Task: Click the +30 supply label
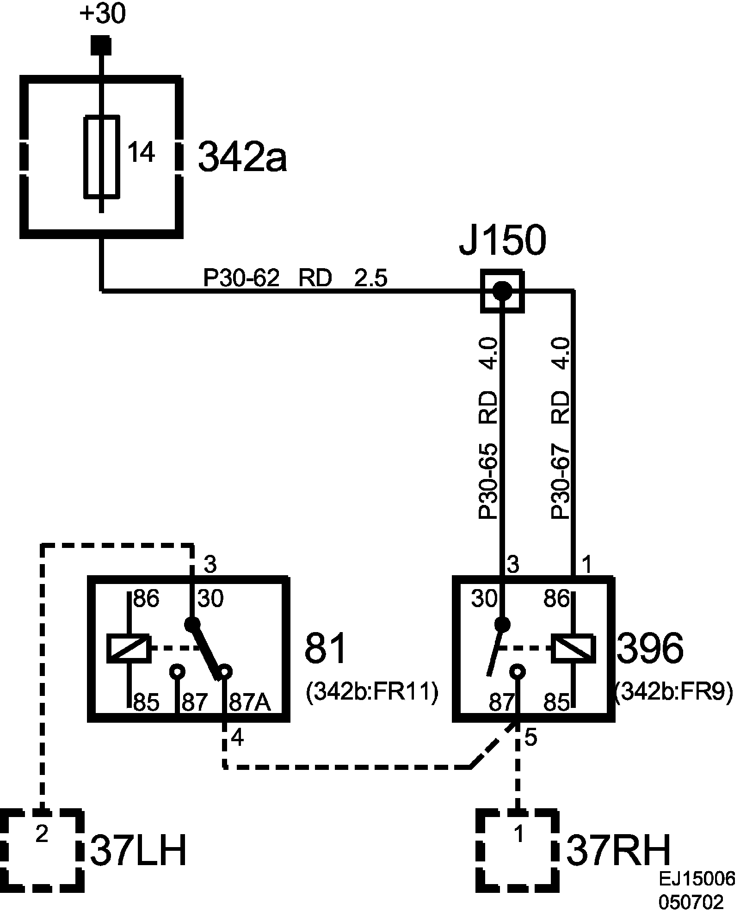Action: click(x=102, y=14)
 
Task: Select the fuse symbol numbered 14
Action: click(x=101, y=156)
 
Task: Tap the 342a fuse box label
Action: click(x=242, y=157)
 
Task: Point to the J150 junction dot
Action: click(x=502, y=291)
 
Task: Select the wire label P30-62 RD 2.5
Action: click(x=295, y=278)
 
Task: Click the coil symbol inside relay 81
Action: click(x=128, y=648)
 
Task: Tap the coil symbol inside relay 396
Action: click(x=573, y=648)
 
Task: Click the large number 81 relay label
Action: click(x=325, y=648)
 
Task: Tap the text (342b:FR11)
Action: click(x=372, y=693)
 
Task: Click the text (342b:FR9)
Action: click(x=674, y=693)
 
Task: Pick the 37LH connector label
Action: click(x=138, y=850)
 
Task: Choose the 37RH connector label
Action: click(x=618, y=850)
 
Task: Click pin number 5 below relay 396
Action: click(x=531, y=738)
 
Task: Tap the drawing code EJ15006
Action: click(x=697, y=879)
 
